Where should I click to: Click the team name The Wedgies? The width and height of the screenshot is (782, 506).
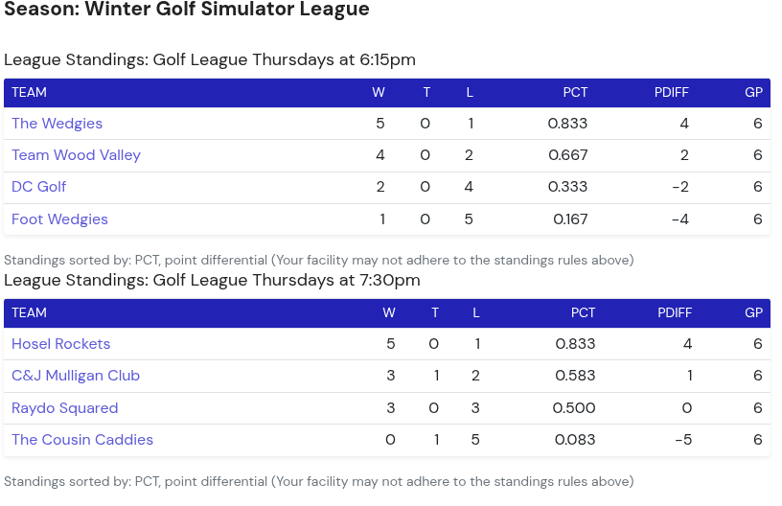57,124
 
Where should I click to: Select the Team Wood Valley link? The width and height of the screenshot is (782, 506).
76,155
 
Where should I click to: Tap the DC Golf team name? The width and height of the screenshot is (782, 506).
38,187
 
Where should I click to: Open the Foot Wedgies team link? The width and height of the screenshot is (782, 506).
59,219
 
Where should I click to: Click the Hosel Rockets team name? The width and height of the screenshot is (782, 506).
60,344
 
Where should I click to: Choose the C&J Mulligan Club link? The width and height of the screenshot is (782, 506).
76,376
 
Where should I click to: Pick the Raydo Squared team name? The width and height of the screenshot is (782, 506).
64,408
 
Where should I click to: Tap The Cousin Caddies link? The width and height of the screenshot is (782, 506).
82,440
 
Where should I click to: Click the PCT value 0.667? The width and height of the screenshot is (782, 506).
567,155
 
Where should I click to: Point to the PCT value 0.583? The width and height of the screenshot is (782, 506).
575,376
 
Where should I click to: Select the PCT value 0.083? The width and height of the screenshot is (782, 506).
575,440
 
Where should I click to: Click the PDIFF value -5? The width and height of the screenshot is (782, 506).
683,440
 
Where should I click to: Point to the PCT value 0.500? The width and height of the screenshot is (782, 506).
574,408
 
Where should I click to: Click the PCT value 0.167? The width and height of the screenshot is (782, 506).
570,219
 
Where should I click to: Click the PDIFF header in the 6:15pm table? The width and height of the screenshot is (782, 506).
671,93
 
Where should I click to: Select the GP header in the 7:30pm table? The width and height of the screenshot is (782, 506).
753,313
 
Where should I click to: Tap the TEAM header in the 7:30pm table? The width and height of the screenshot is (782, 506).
29,313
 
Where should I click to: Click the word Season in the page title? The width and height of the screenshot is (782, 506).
40,11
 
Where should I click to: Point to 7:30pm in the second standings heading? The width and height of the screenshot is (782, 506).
388,281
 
